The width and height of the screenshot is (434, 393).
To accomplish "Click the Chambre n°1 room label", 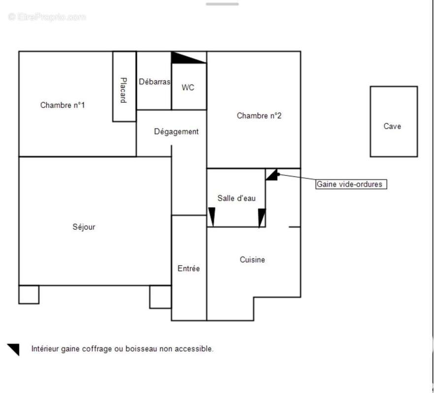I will click(x=62, y=105).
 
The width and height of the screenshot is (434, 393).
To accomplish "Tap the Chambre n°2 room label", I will click(x=259, y=116).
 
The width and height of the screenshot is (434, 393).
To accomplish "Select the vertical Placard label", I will click(x=124, y=90).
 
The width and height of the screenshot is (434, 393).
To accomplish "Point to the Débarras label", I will click(x=154, y=82).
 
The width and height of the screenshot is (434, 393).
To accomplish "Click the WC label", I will click(x=188, y=87).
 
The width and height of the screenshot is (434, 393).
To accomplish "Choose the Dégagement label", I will click(x=176, y=132).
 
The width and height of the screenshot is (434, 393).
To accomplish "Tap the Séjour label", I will click(x=84, y=227).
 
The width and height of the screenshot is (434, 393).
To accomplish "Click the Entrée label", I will click(x=188, y=269).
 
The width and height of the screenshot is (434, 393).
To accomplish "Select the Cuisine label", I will click(x=252, y=259).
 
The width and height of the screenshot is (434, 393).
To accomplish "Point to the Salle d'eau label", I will click(x=236, y=198).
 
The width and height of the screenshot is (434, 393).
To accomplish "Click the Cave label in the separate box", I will click(x=392, y=126).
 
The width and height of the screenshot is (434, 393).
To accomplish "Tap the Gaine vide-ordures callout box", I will click(x=351, y=184).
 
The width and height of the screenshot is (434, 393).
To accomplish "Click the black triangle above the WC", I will click(x=185, y=57).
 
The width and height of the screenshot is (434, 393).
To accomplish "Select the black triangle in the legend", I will click(x=14, y=349).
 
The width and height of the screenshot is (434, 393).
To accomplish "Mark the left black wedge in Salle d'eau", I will click(x=212, y=217).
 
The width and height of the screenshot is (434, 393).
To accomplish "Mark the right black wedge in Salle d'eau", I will click(x=261, y=217).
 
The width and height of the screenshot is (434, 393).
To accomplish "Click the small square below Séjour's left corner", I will click(x=29, y=294).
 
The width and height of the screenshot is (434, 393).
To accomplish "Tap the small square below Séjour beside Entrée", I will click(x=160, y=297).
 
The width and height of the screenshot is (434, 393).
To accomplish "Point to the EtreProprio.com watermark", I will click(x=47, y=17).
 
